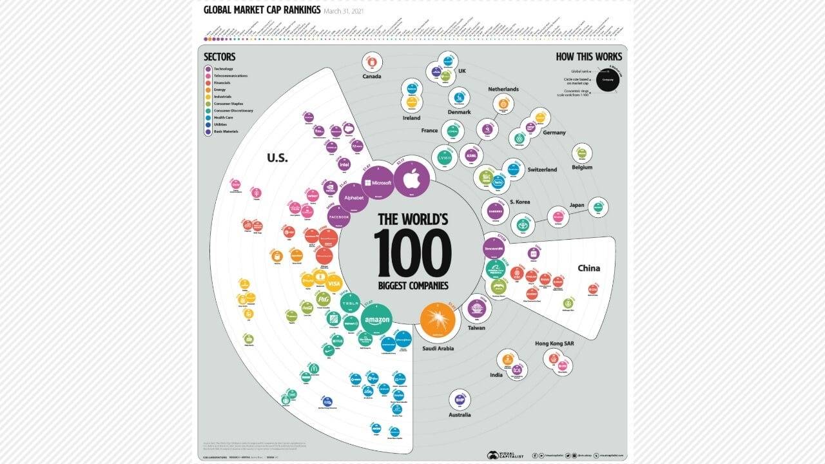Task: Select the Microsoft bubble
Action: pyautogui.click(x=377, y=183)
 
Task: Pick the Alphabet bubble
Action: pyautogui.click(x=354, y=198)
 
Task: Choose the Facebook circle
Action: pyautogui.click(x=339, y=217)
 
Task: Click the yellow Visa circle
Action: pyautogui.click(x=334, y=283)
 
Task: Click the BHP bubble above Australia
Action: pyautogui.click(x=460, y=400)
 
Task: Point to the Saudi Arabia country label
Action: pyautogui.click(x=438, y=349)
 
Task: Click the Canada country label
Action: pyautogui.click(x=372, y=76)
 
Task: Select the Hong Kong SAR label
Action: pyautogui.click(x=554, y=343)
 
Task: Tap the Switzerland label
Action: pyautogui.click(x=542, y=170)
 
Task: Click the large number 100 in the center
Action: pyautogui.click(x=412, y=253)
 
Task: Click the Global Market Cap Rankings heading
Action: pyautogui.click(x=262, y=10)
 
